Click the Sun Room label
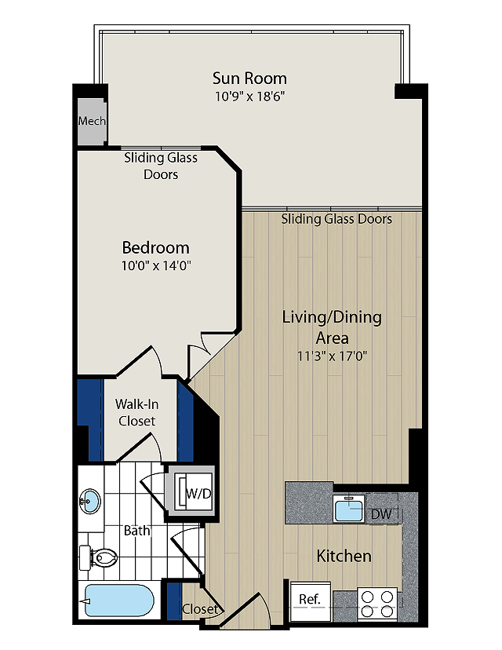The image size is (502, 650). coord(249,78)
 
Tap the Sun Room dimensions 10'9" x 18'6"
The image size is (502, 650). coord(249,97)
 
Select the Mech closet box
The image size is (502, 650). coord(92,121)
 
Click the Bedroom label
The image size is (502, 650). coord(156,247)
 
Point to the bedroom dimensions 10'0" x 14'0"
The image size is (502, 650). coord(156,265)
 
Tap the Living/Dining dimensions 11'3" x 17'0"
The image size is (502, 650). coord(332,356)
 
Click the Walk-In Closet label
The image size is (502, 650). coord(136,412)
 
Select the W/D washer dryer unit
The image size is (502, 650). coord(191,493)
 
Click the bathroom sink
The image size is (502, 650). coord(89,501)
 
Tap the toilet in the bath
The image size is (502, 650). coord(99,558)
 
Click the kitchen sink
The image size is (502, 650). coord(349,509)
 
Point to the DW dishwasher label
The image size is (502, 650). coord(381,514)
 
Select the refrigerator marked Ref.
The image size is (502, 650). coord(311,601)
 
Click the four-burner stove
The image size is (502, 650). coord(377,604)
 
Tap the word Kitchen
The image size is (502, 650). coord(344,556)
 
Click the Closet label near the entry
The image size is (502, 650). coord(200,608)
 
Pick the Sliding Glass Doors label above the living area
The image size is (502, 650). coord(336,219)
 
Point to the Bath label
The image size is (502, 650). coord(136,530)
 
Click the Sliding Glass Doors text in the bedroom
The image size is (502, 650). coord(161,166)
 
